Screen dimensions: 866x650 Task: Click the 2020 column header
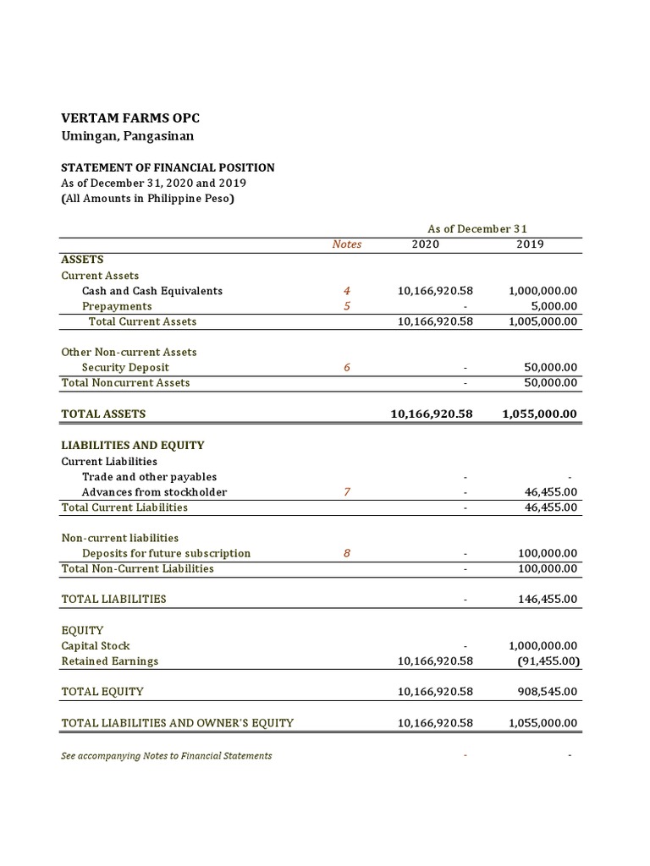pyautogui.click(x=425, y=244)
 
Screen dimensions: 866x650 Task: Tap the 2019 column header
pyautogui.click(x=530, y=244)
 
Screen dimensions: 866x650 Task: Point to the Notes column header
pyautogui.click(x=346, y=244)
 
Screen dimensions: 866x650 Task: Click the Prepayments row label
pyautogui.click(x=117, y=306)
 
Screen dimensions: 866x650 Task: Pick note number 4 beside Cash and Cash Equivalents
pyautogui.click(x=346, y=291)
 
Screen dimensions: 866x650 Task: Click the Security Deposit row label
pyautogui.click(x=125, y=367)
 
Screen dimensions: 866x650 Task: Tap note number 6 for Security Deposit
pyautogui.click(x=346, y=367)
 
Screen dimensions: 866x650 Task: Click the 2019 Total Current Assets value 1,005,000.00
pyautogui.click(x=543, y=321)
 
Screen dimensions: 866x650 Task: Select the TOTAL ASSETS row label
pyautogui.click(x=103, y=414)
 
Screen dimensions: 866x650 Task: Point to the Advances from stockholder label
pyautogui.click(x=154, y=492)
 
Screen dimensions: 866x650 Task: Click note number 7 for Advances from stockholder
pyautogui.click(x=346, y=492)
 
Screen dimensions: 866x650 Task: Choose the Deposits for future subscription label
pyautogui.click(x=166, y=553)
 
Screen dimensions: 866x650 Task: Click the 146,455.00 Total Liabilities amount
pyautogui.click(x=548, y=599)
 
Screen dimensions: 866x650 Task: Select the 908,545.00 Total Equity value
pyautogui.click(x=548, y=691)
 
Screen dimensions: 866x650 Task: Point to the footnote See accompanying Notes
pyautogui.click(x=167, y=755)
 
